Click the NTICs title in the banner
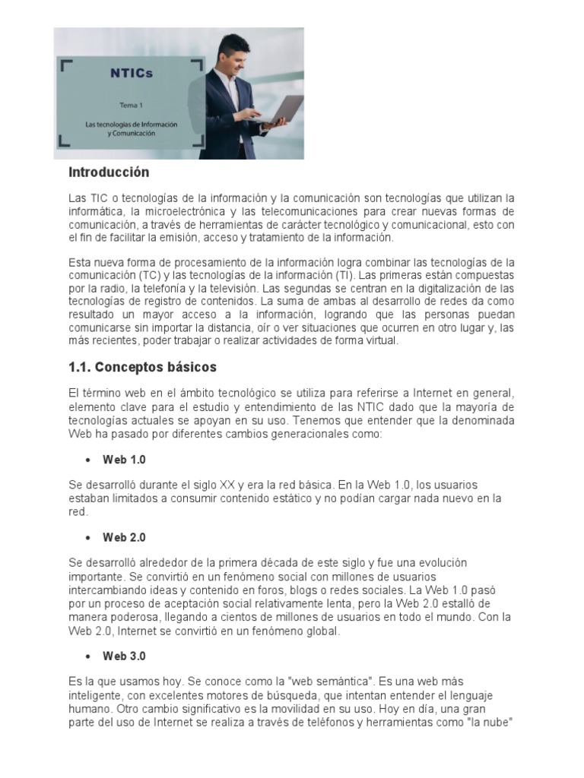pos(131,73)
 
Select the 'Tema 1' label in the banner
pos(130,106)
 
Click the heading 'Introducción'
pos(109,172)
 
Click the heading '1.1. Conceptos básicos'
pos(142,368)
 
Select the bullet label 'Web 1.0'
pos(124,460)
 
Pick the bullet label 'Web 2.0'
pos(124,538)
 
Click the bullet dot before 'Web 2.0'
pos(88,538)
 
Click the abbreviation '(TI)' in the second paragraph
pos(349,274)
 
